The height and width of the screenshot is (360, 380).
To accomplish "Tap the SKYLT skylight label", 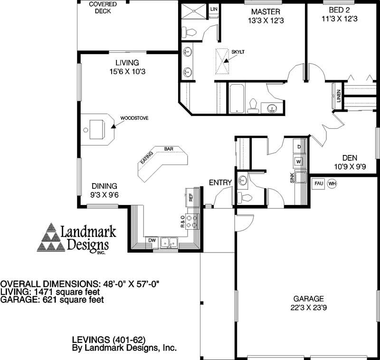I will click(238, 51).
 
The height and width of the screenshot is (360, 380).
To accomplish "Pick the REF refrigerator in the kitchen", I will click(190, 196).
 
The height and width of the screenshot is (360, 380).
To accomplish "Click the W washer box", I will click(298, 162).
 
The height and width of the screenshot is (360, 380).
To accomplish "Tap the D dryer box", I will click(299, 147).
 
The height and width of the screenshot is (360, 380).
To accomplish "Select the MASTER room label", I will click(266, 11).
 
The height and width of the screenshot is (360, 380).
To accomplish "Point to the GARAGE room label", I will click(308, 299).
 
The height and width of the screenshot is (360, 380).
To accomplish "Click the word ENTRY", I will click(220, 182).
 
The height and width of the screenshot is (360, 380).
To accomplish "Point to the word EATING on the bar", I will click(146, 157).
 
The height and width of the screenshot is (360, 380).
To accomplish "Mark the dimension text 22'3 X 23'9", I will click(308, 307).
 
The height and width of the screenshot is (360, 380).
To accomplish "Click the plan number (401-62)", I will click(129, 340).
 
